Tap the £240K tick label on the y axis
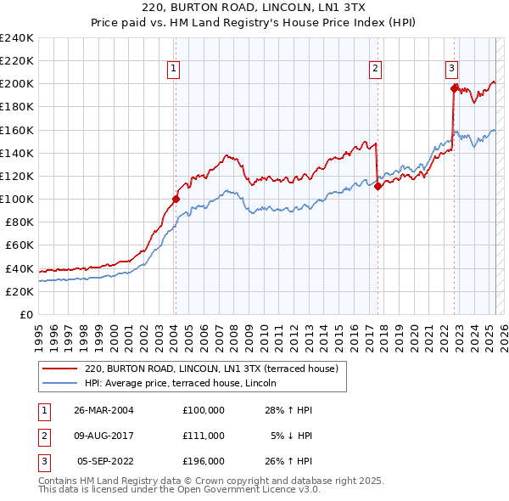(x=17, y=38)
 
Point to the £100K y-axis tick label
(x=17, y=199)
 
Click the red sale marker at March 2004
(x=176, y=199)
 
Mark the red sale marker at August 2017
(x=378, y=187)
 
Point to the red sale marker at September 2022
(x=454, y=87)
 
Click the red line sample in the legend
(x=60, y=369)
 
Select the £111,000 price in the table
(x=203, y=435)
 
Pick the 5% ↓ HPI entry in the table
(x=291, y=435)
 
